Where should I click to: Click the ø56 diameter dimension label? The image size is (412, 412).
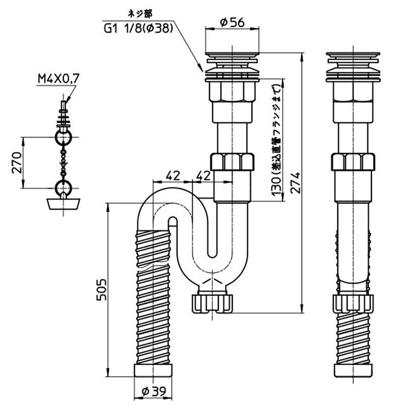tap(231, 22)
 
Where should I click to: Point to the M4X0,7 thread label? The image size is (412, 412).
tap(58, 79)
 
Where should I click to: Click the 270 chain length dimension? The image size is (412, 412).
tap(14, 163)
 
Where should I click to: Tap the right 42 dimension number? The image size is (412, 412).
tap(204, 175)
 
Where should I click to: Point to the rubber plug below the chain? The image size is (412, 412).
tap(64, 202)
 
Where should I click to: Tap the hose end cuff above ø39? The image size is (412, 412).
tap(153, 372)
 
